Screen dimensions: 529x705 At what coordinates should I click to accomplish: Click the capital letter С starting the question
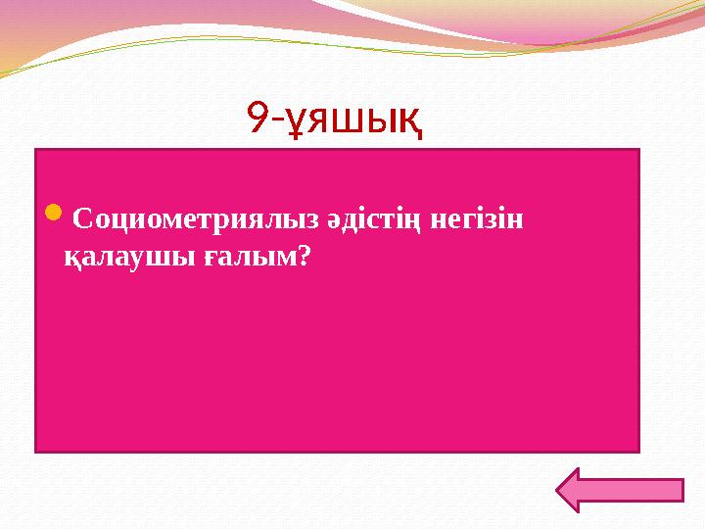click(x=80, y=218)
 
